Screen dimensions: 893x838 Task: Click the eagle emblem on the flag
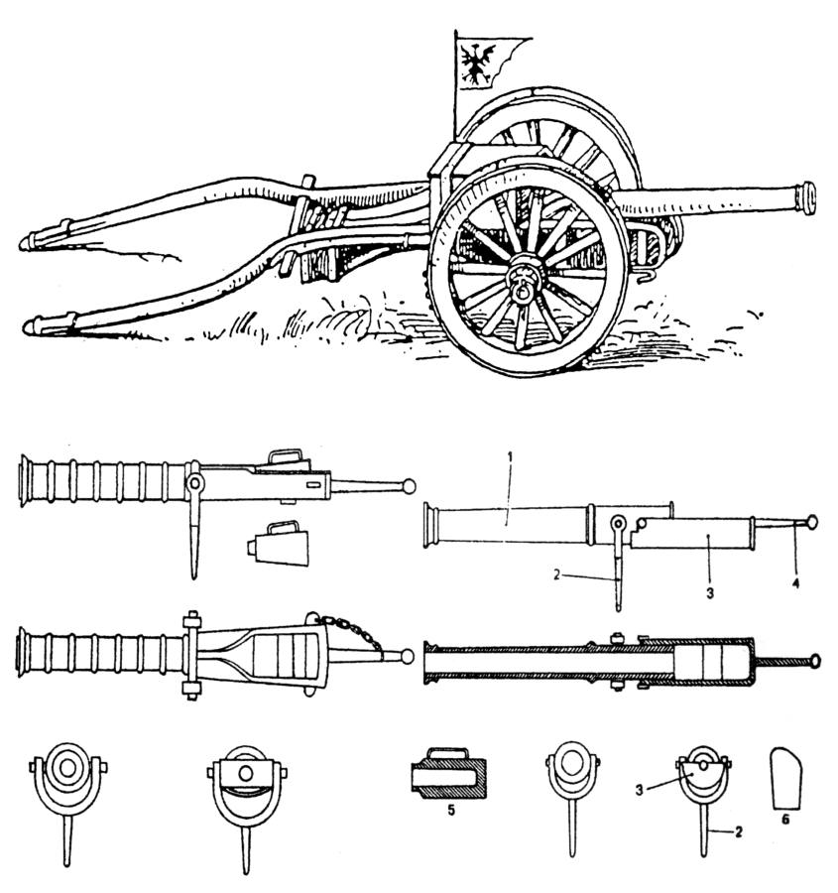[478, 59]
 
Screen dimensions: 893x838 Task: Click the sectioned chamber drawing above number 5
[448, 776]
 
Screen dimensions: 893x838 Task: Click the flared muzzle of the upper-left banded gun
[26, 480]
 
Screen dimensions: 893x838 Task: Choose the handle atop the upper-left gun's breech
[286, 457]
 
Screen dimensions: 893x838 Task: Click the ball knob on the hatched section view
[815, 660]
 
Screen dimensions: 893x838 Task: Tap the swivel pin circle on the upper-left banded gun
[195, 484]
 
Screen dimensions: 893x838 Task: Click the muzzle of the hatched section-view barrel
[429, 661]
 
